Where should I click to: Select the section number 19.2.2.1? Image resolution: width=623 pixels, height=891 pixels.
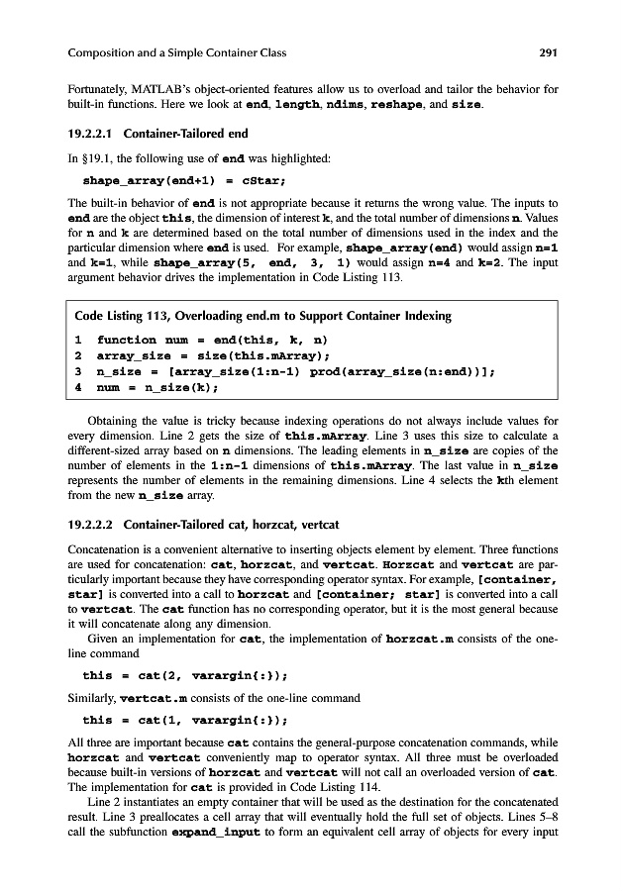98,134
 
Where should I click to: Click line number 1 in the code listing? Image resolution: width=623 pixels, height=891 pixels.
78,340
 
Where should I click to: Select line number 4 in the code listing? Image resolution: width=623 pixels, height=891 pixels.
78,387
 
